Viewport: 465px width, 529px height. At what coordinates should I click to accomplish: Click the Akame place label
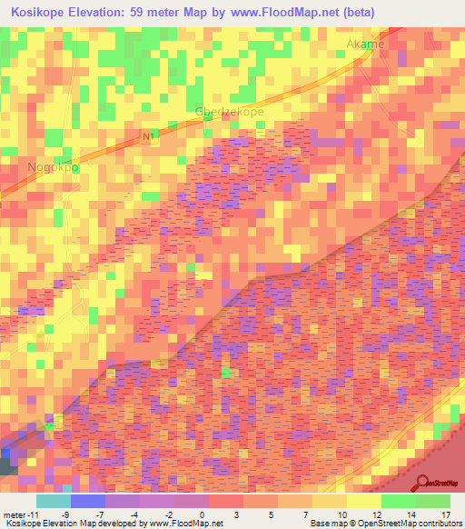pyautogui.click(x=365, y=44)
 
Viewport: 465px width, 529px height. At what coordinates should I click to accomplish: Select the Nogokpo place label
pyautogui.click(x=52, y=168)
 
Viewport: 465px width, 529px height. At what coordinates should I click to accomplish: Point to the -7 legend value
pyautogui.click(x=100, y=514)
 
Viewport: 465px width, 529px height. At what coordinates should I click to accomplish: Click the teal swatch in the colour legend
pyautogui.click(x=53, y=501)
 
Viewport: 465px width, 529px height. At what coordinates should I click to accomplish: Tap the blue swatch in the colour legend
pyautogui.click(x=87, y=501)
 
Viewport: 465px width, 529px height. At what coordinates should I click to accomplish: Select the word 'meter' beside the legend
pyautogui.click(x=15, y=514)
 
